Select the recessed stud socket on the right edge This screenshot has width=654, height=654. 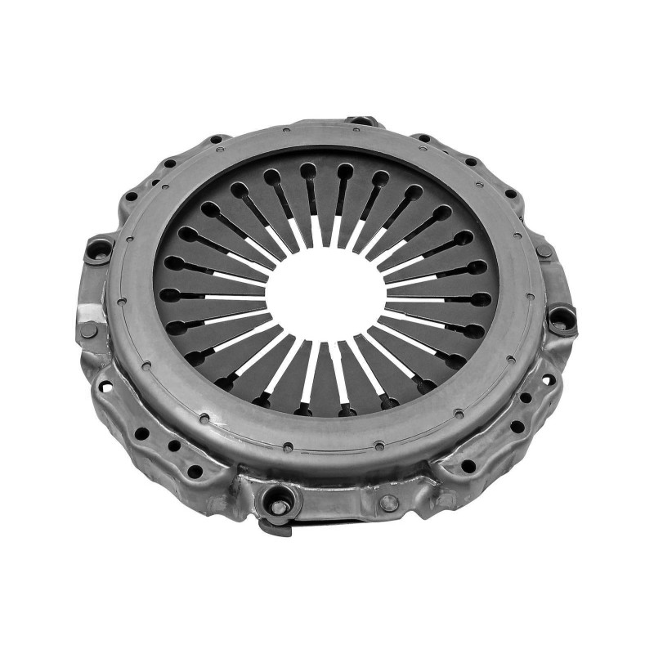562,318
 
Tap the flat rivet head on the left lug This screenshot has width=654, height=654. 88,330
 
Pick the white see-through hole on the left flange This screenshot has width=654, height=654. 104,383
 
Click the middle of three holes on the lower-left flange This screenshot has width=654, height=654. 173,446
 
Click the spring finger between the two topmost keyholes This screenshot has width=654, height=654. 326,196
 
